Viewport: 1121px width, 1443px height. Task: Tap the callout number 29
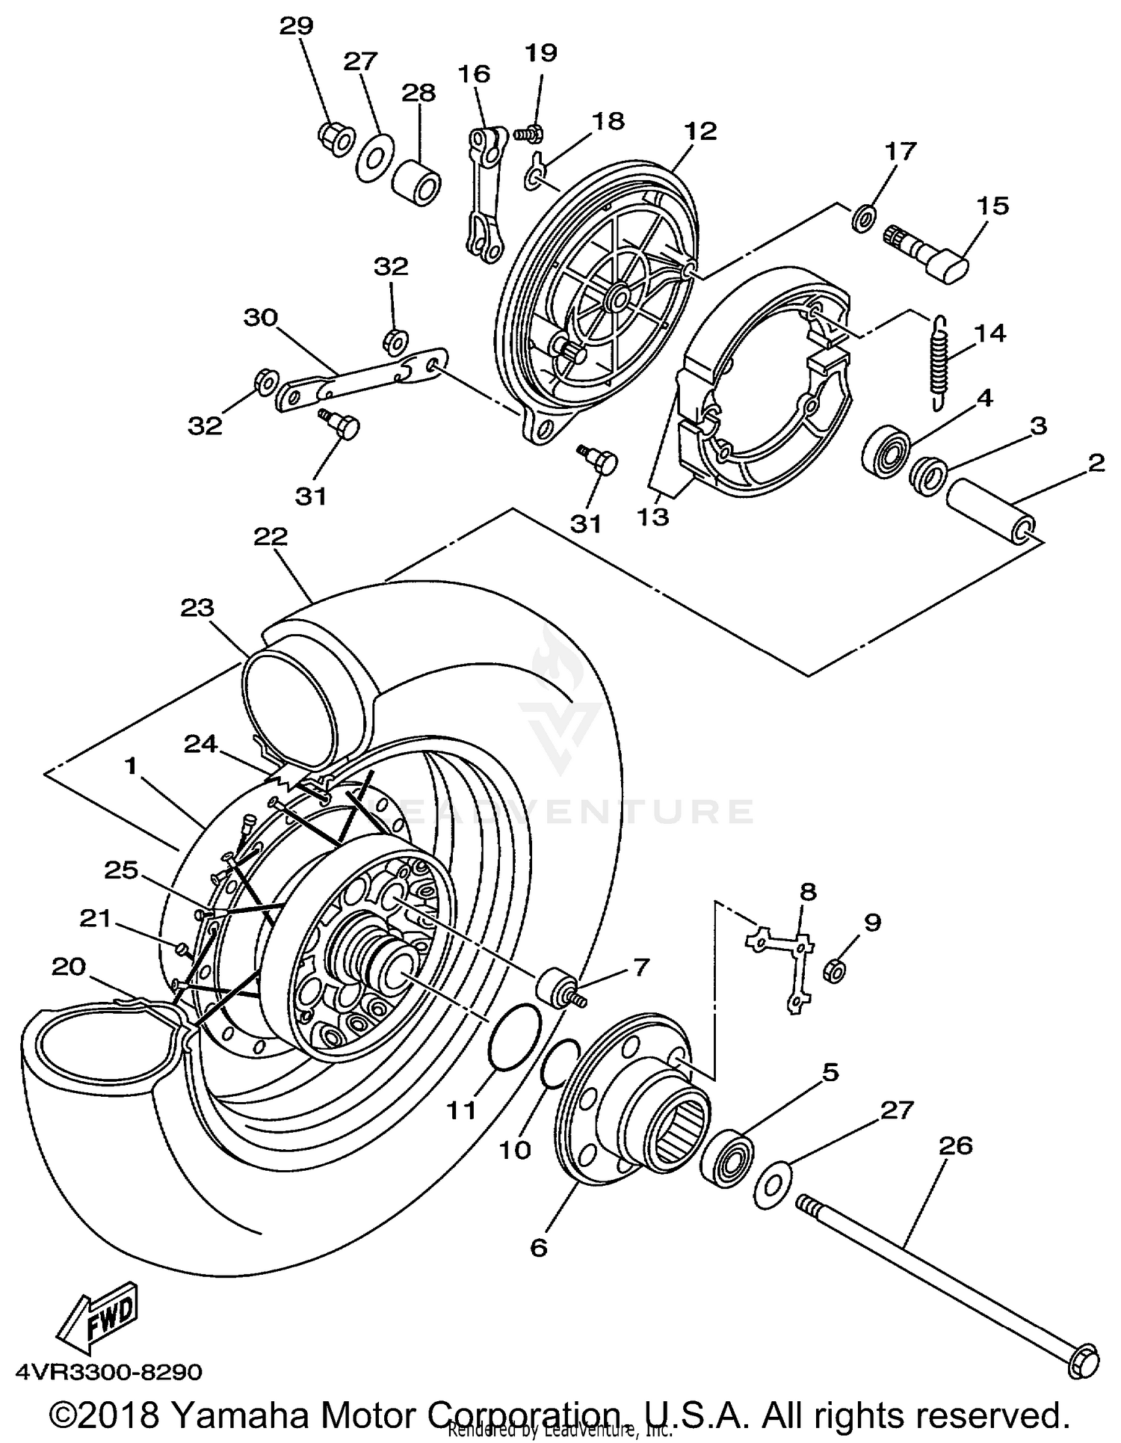(x=296, y=26)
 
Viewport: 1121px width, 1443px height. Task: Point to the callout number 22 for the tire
(x=271, y=536)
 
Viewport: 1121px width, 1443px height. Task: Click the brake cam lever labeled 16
(x=485, y=196)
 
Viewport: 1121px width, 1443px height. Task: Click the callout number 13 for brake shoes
(x=653, y=517)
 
